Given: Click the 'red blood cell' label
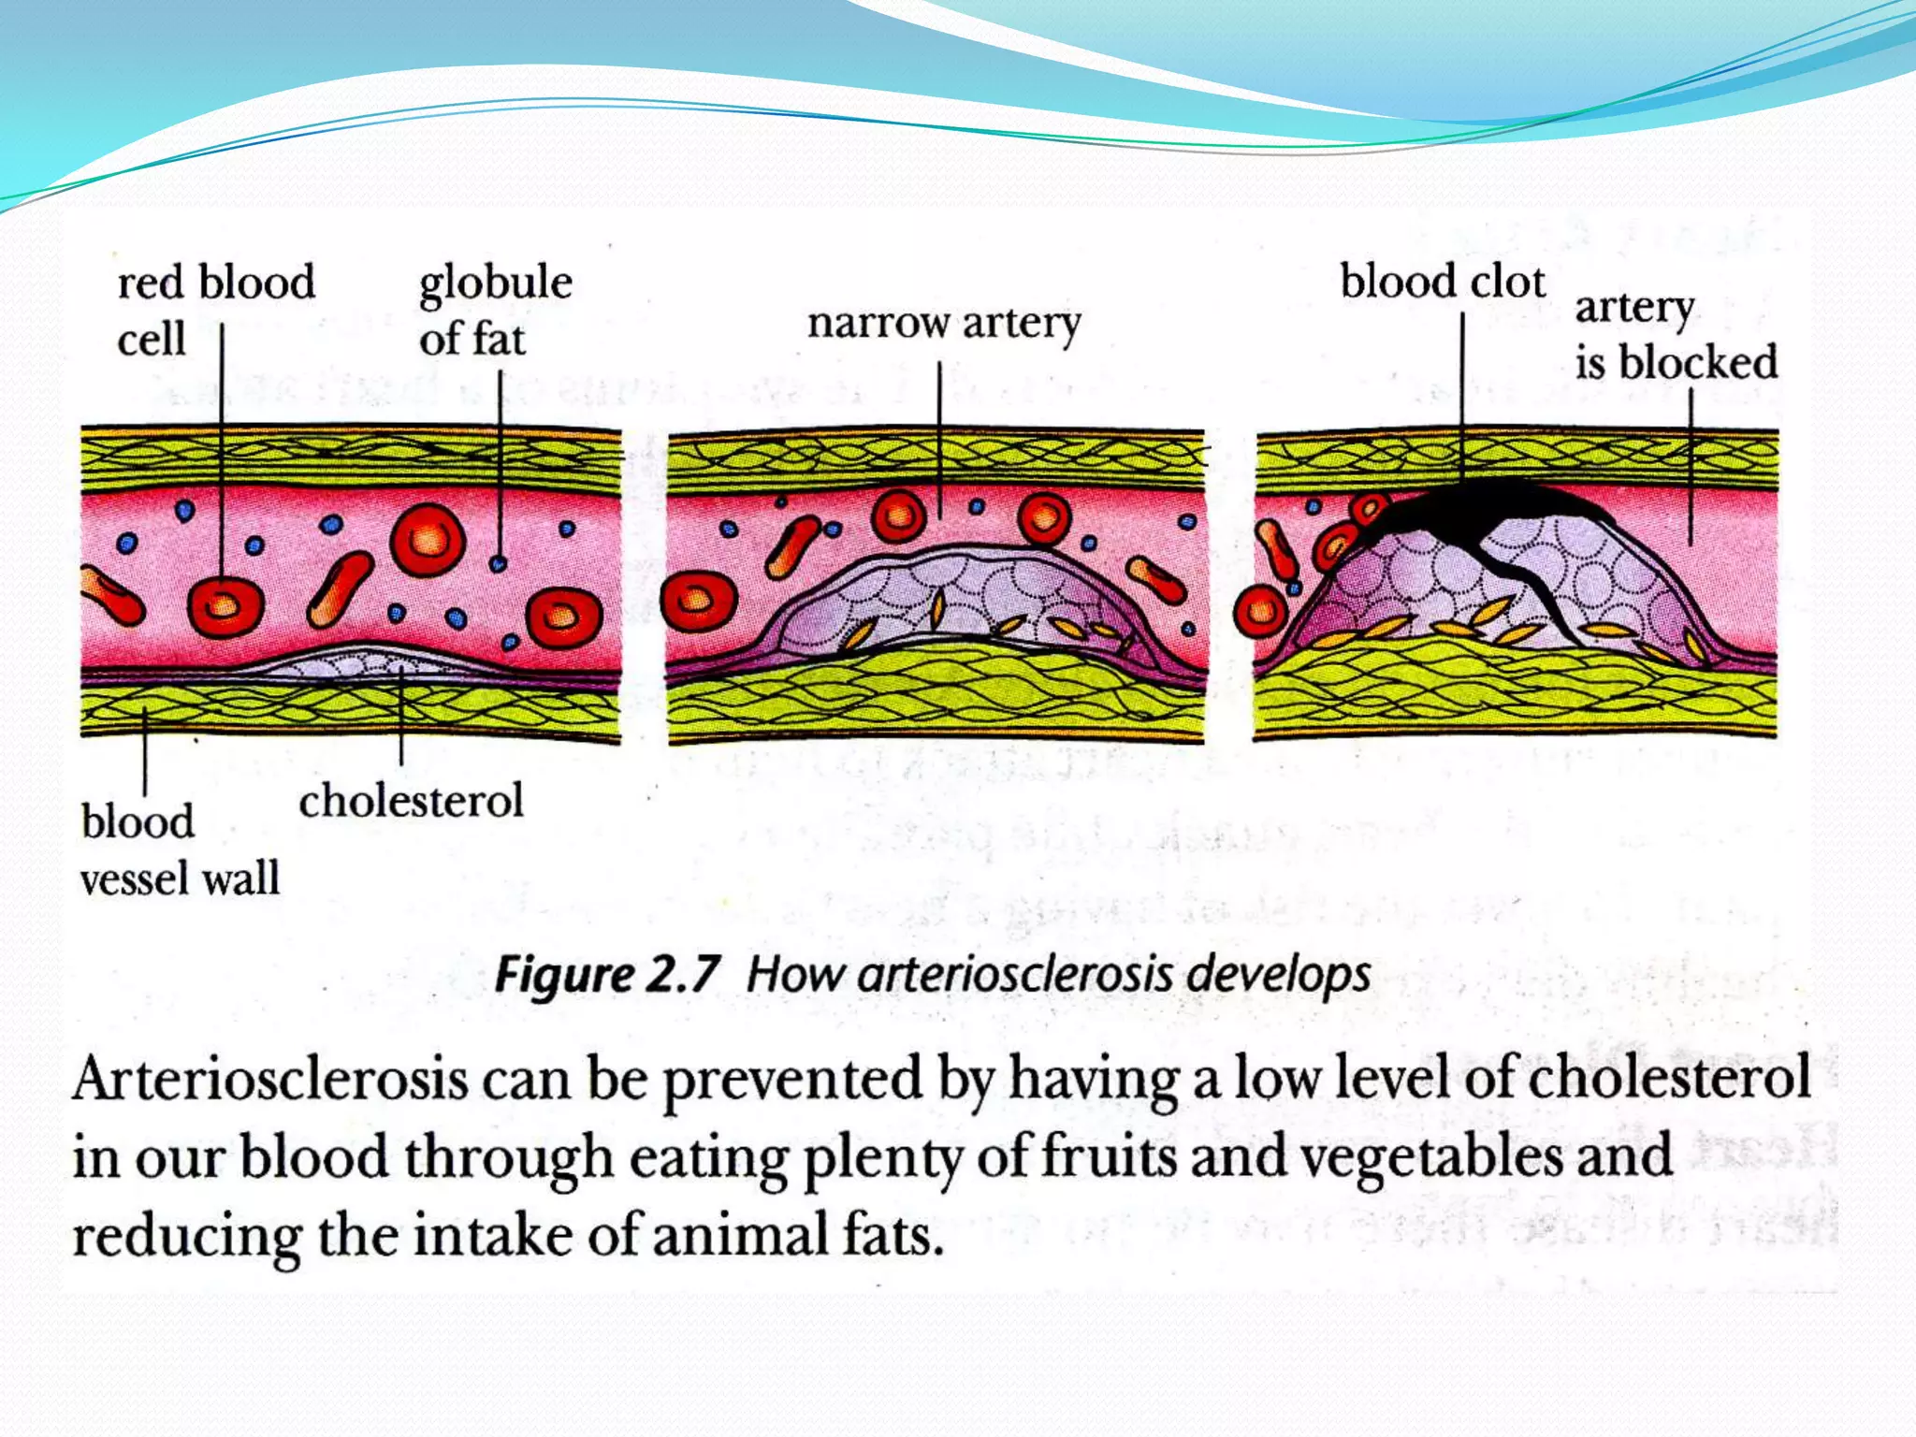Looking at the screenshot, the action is tap(215, 310).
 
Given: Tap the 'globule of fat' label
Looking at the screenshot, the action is tap(494, 310).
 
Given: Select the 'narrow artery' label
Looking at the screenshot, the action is tap(943, 324).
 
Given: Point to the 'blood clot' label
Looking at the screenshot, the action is tap(1442, 282).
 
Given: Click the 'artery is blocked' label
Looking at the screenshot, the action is tap(1675, 335).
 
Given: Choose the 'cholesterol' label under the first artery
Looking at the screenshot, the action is tap(411, 801).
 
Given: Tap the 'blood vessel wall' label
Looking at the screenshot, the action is tap(180, 849).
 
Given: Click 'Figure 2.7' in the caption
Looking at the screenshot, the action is tap(606, 975).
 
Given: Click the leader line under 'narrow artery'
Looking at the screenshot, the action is tap(939, 440).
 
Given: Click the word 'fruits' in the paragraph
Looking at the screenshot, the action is tap(1108, 1155).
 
